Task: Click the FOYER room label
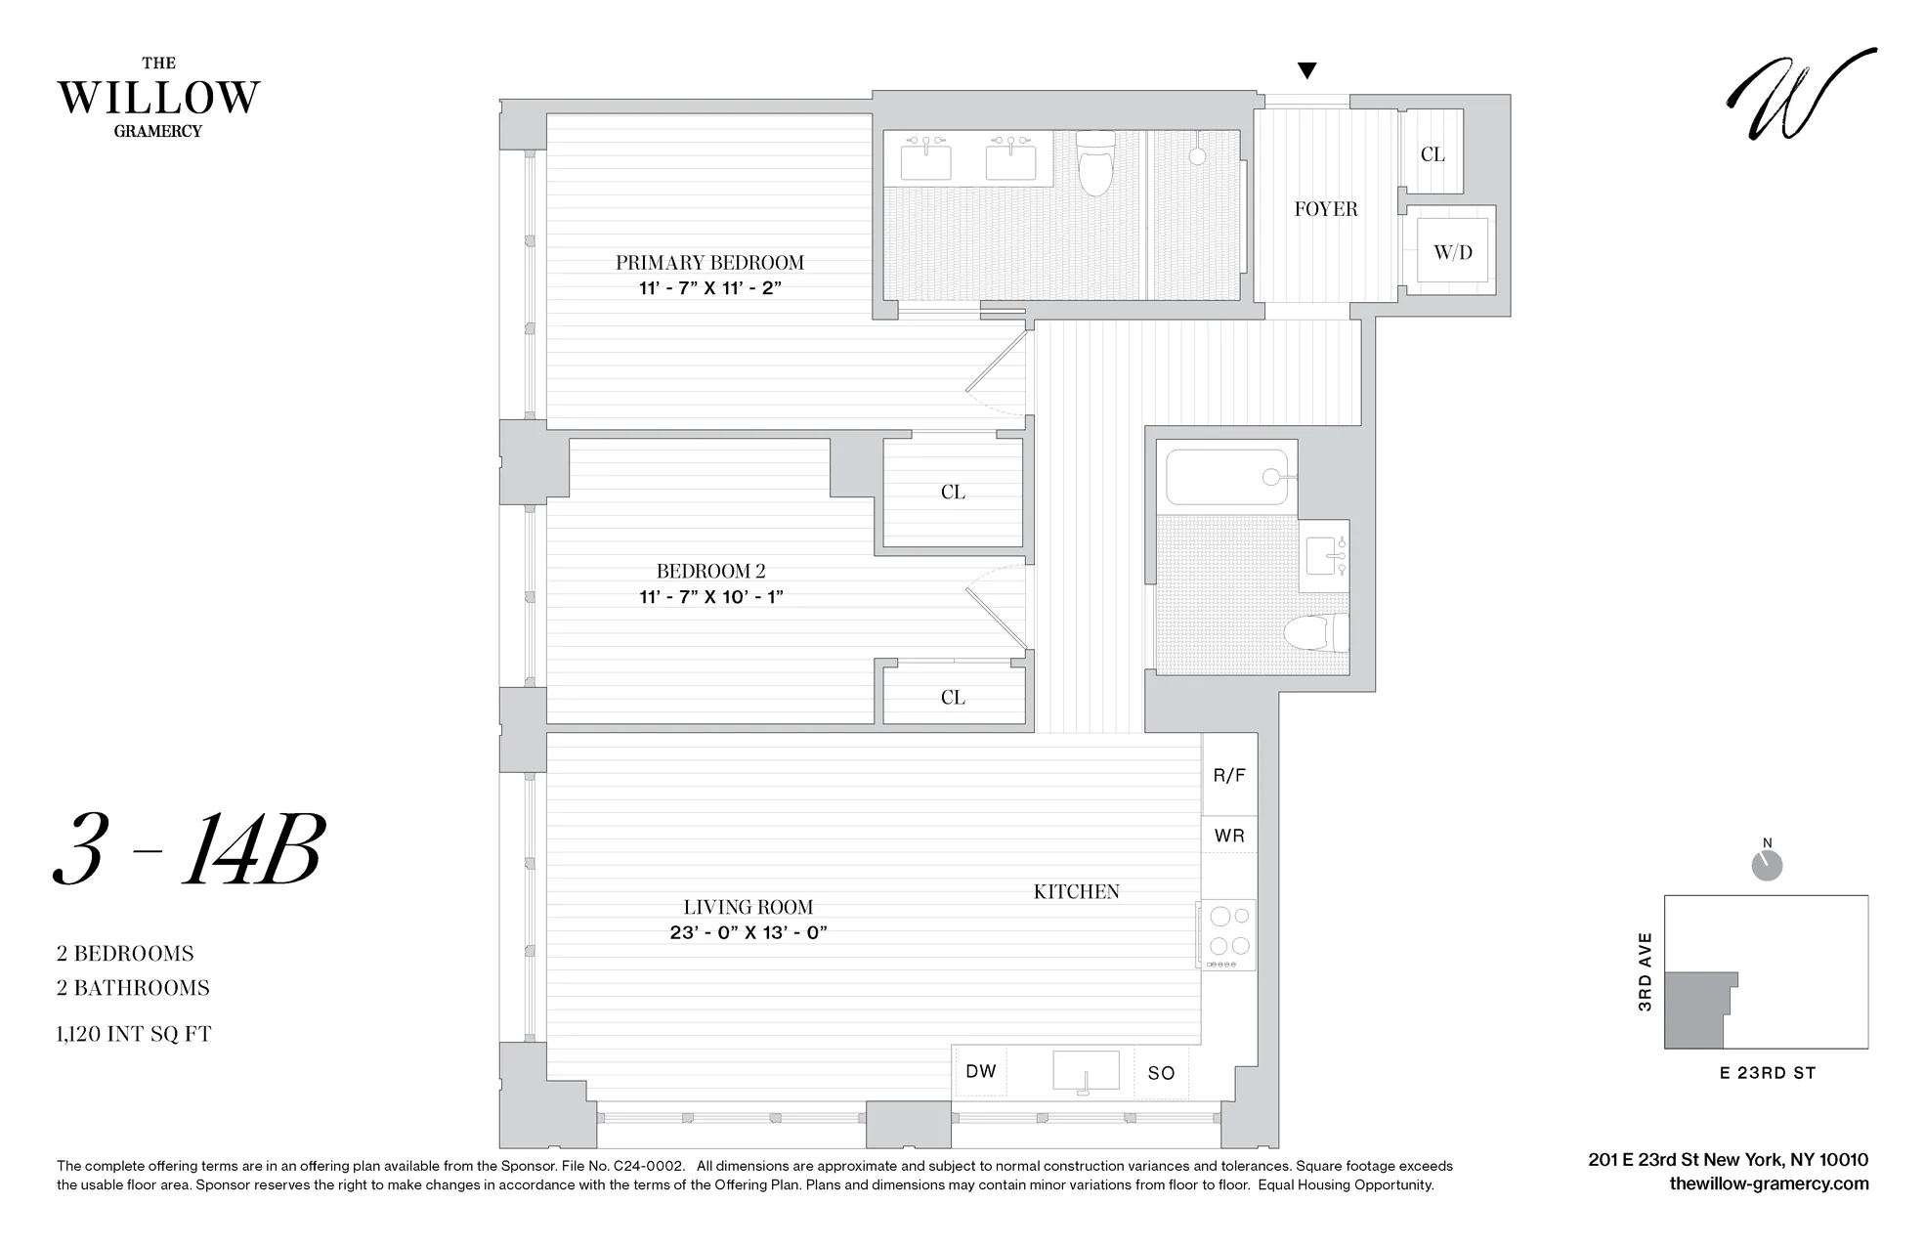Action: tap(1325, 208)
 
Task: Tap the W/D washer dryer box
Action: tap(1452, 251)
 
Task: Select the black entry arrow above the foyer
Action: tap(1306, 70)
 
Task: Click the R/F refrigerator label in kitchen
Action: tap(1229, 775)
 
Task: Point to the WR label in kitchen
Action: tap(1229, 836)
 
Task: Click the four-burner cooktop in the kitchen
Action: tap(1228, 932)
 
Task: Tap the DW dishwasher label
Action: tap(980, 1071)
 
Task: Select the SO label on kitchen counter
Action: tap(1161, 1073)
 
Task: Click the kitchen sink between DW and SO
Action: tap(1085, 1071)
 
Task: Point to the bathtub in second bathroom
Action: tap(1225, 477)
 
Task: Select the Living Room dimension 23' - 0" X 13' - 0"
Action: tap(749, 932)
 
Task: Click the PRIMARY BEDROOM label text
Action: tap(709, 262)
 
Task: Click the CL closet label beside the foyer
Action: tap(1432, 154)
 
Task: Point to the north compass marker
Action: tap(1767, 864)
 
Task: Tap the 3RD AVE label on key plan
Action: tap(1646, 971)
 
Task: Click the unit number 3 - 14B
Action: tap(189, 850)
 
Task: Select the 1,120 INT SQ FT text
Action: tap(134, 1034)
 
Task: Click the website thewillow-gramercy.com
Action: tap(1769, 1183)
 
